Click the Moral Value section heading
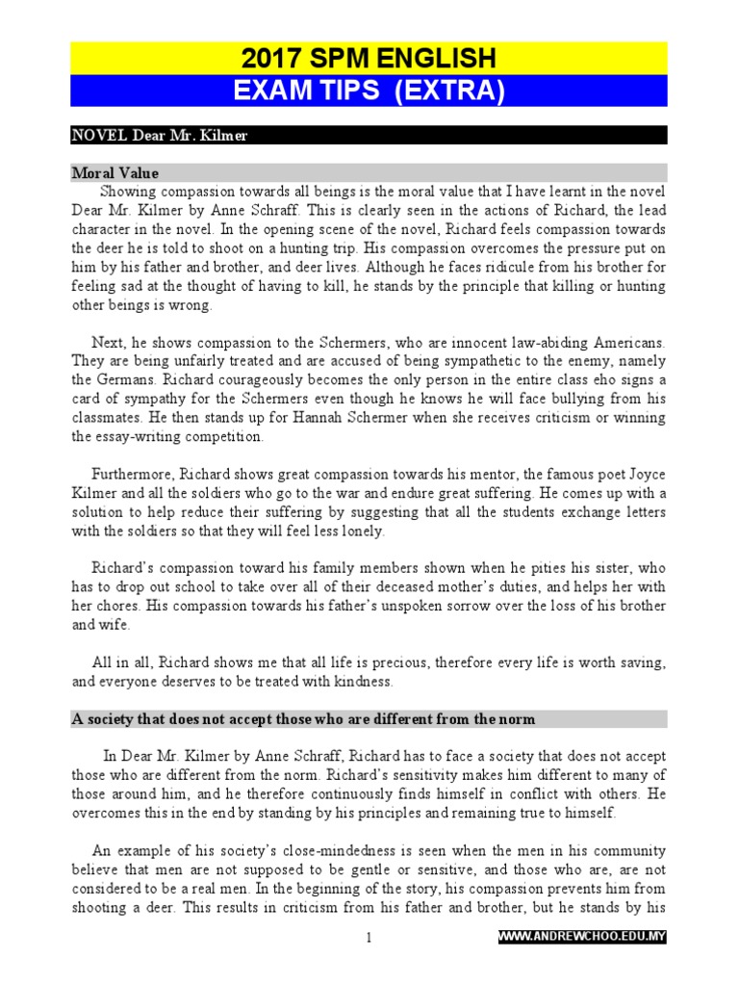[115, 173]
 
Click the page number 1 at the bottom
[368, 937]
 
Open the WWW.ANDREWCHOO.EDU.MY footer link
[582, 937]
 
